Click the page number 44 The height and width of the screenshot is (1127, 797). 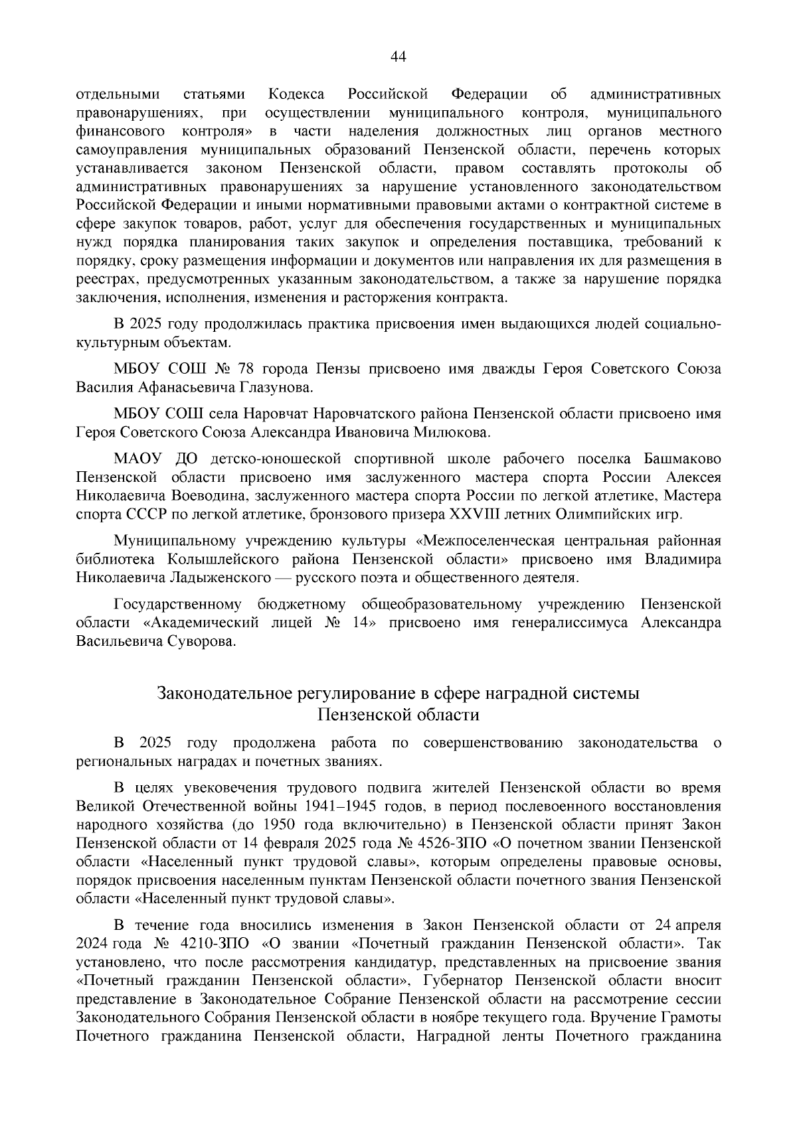(x=398, y=57)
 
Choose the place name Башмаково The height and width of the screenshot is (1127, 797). (x=682, y=459)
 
